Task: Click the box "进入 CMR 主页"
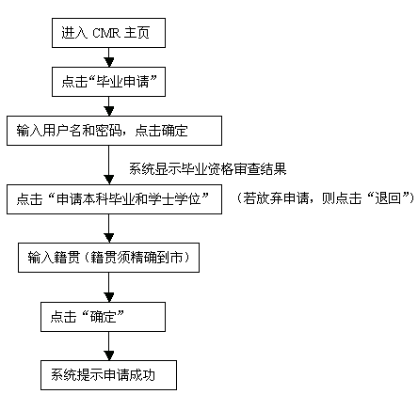(108, 33)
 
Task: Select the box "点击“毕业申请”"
(108, 82)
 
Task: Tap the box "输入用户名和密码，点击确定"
(114, 131)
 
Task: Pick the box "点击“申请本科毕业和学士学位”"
(114, 199)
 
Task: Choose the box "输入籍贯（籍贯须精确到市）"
(108, 258)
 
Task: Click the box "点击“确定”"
(103, 317)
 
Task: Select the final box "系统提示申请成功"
(108, 375)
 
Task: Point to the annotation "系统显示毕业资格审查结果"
(208, 169)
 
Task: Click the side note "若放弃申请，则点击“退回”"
(326, 198)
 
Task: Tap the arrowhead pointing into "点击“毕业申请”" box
(109, 62)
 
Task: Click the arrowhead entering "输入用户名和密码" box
(109, 111)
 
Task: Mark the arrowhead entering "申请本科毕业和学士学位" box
(109, 180)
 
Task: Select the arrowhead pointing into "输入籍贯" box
(109, 238)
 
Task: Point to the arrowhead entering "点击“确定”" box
(109, 297)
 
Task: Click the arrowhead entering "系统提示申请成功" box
(109, 355)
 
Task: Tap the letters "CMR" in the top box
(105, 33)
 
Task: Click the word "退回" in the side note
(388, 198)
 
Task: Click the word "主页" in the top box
(137, 33)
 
